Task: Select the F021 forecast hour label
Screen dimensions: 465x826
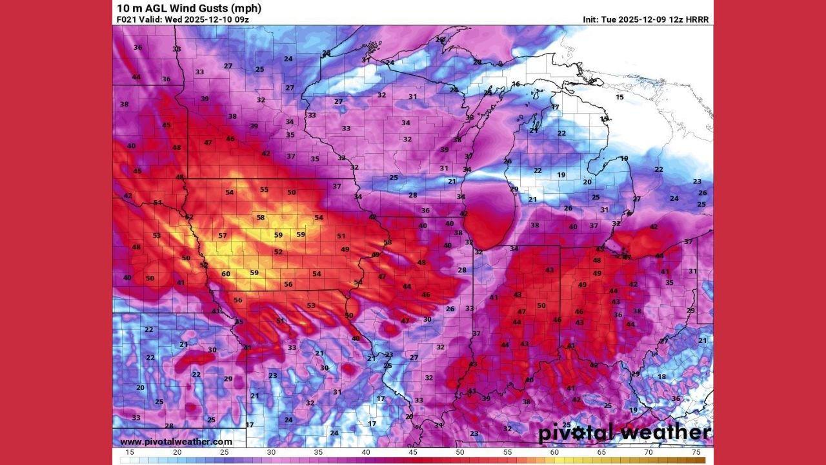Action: [127, 20]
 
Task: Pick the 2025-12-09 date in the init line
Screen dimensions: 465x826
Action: [642, 20]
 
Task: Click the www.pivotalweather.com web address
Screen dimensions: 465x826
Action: [176, 442]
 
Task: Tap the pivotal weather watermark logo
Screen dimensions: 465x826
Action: [624, 433]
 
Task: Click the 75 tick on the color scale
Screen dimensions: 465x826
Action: [696, 453]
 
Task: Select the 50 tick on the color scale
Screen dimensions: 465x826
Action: [460, 453]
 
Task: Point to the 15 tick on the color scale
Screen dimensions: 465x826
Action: [130, 453]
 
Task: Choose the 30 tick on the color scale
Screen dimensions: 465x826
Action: [271, 453]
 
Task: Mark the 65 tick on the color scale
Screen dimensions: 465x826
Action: [601, 453]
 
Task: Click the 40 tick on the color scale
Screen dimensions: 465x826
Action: [366, 453]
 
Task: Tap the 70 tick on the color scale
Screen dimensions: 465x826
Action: [649, 453]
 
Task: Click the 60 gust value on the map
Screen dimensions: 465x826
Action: [226, 274]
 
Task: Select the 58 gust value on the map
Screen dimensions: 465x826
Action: [261, 218]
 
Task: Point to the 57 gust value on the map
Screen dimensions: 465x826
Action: [223, 236]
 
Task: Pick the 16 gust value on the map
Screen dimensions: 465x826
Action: [516, 85]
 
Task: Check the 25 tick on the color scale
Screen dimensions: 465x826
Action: [224, 453]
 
